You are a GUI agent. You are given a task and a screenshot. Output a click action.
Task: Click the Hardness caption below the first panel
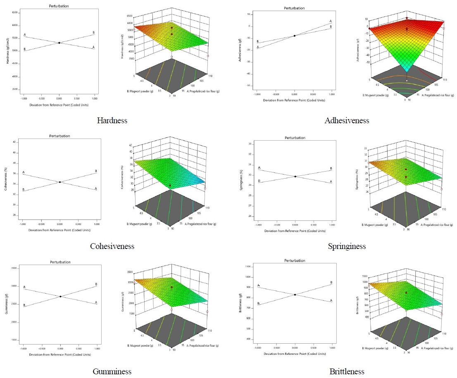coord(112,121)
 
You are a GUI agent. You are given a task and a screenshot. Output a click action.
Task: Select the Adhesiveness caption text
coord(347,121)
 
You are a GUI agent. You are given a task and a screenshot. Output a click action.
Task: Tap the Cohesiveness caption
coord(112,246)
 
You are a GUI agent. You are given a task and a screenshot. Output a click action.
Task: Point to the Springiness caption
coord(347,246)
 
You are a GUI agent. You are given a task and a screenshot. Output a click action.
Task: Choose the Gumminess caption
coord(112,371)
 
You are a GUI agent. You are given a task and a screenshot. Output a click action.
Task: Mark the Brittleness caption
coord(347,371)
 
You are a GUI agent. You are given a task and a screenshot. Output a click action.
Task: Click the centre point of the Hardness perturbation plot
coord(59,43)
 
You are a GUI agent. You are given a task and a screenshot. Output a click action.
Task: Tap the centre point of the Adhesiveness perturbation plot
coord(294,36)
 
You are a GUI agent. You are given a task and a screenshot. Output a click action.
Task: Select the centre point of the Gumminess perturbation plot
coord(60,297)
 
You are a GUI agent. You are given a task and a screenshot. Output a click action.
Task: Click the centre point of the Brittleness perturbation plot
coord(295,294)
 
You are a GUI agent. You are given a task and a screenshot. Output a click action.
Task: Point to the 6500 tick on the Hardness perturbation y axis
coord(15,12)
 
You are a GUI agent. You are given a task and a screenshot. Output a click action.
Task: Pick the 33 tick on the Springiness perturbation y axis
coord(250,144)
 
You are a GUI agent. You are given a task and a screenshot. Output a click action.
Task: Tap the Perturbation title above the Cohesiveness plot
coord(60,136)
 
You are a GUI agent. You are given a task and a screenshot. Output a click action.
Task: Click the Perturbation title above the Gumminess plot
coord(60,262)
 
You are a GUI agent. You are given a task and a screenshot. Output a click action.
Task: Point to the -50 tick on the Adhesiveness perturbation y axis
coord(250,86)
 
